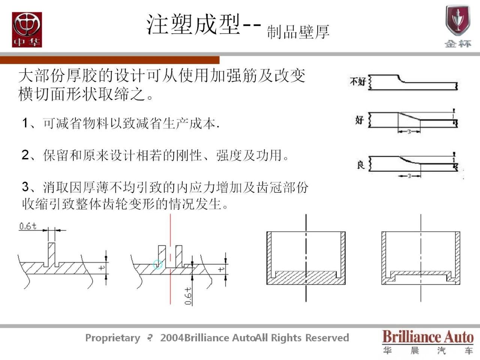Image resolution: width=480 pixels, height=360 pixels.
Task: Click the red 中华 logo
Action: coord(27,30)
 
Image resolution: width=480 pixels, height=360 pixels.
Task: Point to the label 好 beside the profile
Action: coord(359,120)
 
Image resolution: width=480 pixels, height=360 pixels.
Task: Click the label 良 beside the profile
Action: coord(360,164)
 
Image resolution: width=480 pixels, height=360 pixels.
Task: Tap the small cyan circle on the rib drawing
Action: coord(158,264)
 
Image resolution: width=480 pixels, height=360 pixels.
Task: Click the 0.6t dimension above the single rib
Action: coord(28,226)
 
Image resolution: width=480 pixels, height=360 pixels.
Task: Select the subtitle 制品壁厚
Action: coord(298,32)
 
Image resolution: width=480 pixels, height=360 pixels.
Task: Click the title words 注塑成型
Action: coord(193,25)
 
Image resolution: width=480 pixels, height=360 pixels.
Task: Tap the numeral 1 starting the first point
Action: coord(25,123)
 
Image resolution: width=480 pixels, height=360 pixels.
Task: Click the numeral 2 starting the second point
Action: coord(25,154)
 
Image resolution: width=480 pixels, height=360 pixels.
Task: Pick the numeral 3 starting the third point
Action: coord(25,186)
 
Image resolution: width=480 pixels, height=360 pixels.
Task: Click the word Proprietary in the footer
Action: coord(112,338)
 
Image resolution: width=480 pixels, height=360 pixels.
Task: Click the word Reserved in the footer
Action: coord(327,338)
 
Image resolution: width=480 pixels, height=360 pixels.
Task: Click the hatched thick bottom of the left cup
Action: coord(306,278)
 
